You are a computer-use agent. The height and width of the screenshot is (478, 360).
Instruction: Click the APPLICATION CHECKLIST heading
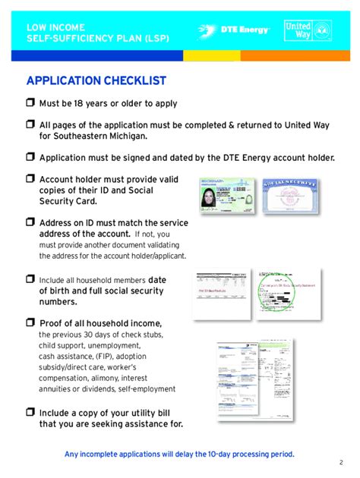(x=96, y=81)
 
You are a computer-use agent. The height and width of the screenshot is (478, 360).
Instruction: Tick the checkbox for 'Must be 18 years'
(x=30, y=103)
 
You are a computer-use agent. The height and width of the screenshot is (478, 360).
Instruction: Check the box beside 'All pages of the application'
(x=30, y=124)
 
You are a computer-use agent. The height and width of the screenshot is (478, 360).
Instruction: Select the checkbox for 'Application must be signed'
(x=30, y=157)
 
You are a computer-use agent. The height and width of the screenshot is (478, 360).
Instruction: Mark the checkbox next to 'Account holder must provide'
(x=30, y=179)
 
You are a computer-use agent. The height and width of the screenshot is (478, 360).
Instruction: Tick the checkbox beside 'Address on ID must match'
(x=30, y=223)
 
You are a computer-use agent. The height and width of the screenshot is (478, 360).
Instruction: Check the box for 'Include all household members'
(x=30, y=279)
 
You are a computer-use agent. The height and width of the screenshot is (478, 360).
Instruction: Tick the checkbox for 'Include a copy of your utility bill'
(x=30, y=412)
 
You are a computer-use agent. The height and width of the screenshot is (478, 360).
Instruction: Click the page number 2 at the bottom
(x=341, y=462)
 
